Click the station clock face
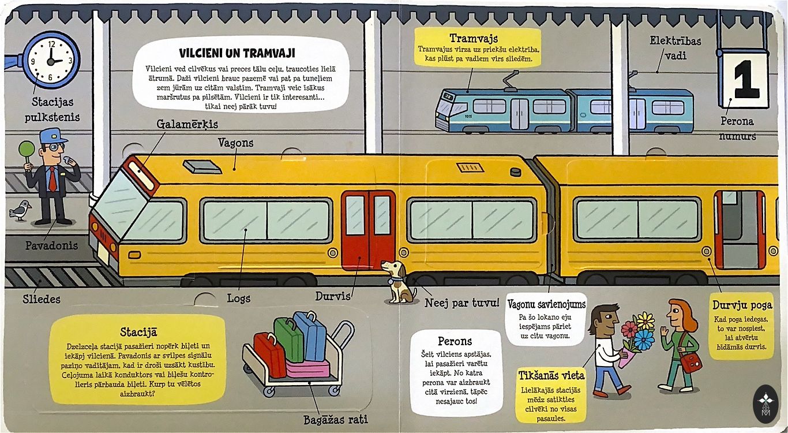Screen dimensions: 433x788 click(52, 59)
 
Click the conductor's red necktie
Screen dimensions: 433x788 click(52, 180)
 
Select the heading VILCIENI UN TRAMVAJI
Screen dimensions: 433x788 click(237, 53)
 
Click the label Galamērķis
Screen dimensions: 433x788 click(187, 124)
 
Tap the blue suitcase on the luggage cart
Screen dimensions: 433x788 click(311, 335)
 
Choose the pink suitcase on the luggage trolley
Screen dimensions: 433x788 click(308, 368)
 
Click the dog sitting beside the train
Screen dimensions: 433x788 click(399, 282)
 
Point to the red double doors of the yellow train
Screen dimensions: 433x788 click(368, 230)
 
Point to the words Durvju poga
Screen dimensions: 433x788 click(741, 305)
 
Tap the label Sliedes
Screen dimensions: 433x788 click(42, 299)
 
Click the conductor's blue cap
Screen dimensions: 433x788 click(51, 136)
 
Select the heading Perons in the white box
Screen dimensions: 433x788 click(455, 341)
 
